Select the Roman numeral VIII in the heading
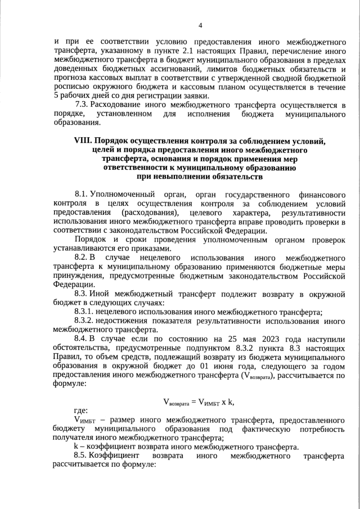(83, 140)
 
